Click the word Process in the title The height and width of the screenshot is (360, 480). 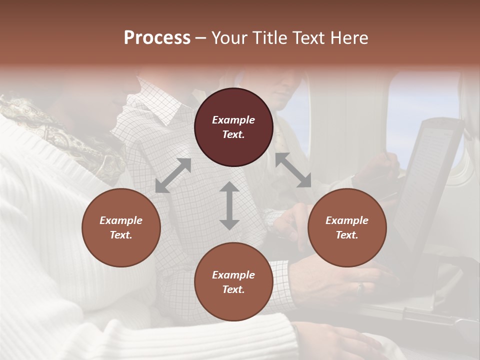click(157, 38)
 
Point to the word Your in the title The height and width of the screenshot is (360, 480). click(230, 38)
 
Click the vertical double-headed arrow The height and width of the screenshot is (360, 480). click(229, 205)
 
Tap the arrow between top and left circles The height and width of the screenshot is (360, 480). click(173, 175)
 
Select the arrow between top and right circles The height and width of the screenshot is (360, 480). click(293, 170)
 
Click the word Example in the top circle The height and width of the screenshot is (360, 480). click(233, 120)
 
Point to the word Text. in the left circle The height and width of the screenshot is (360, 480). click(121, 235)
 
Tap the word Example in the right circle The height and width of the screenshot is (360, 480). click(347, 220)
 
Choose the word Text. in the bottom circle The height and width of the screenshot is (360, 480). click(233, 289)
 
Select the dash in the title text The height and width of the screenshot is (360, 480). click(201, 38)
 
